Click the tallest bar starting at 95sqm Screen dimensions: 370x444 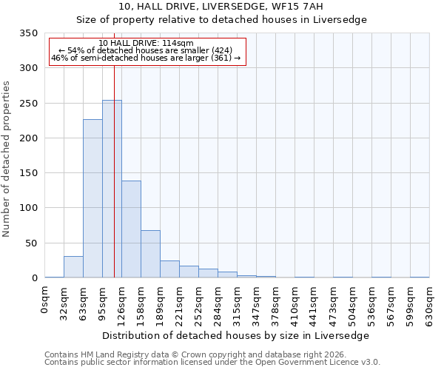click(x=112, y=189)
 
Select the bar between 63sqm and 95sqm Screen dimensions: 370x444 click(x=92, y=198)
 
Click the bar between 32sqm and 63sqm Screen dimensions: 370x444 click(x=73, y=267)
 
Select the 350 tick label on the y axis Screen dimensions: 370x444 click(x=28, y=33)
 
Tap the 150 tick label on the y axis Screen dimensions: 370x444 click(x=28, y=173)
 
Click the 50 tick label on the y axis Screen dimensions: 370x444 click(x=31, y=243)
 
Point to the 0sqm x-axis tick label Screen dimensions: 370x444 click(x=44, y=300)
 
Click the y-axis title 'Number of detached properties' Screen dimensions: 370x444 click(x=7, y=159)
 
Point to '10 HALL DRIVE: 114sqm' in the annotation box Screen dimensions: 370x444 click(x=146, y=43)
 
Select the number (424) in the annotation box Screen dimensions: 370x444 click(x=220, y=50)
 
